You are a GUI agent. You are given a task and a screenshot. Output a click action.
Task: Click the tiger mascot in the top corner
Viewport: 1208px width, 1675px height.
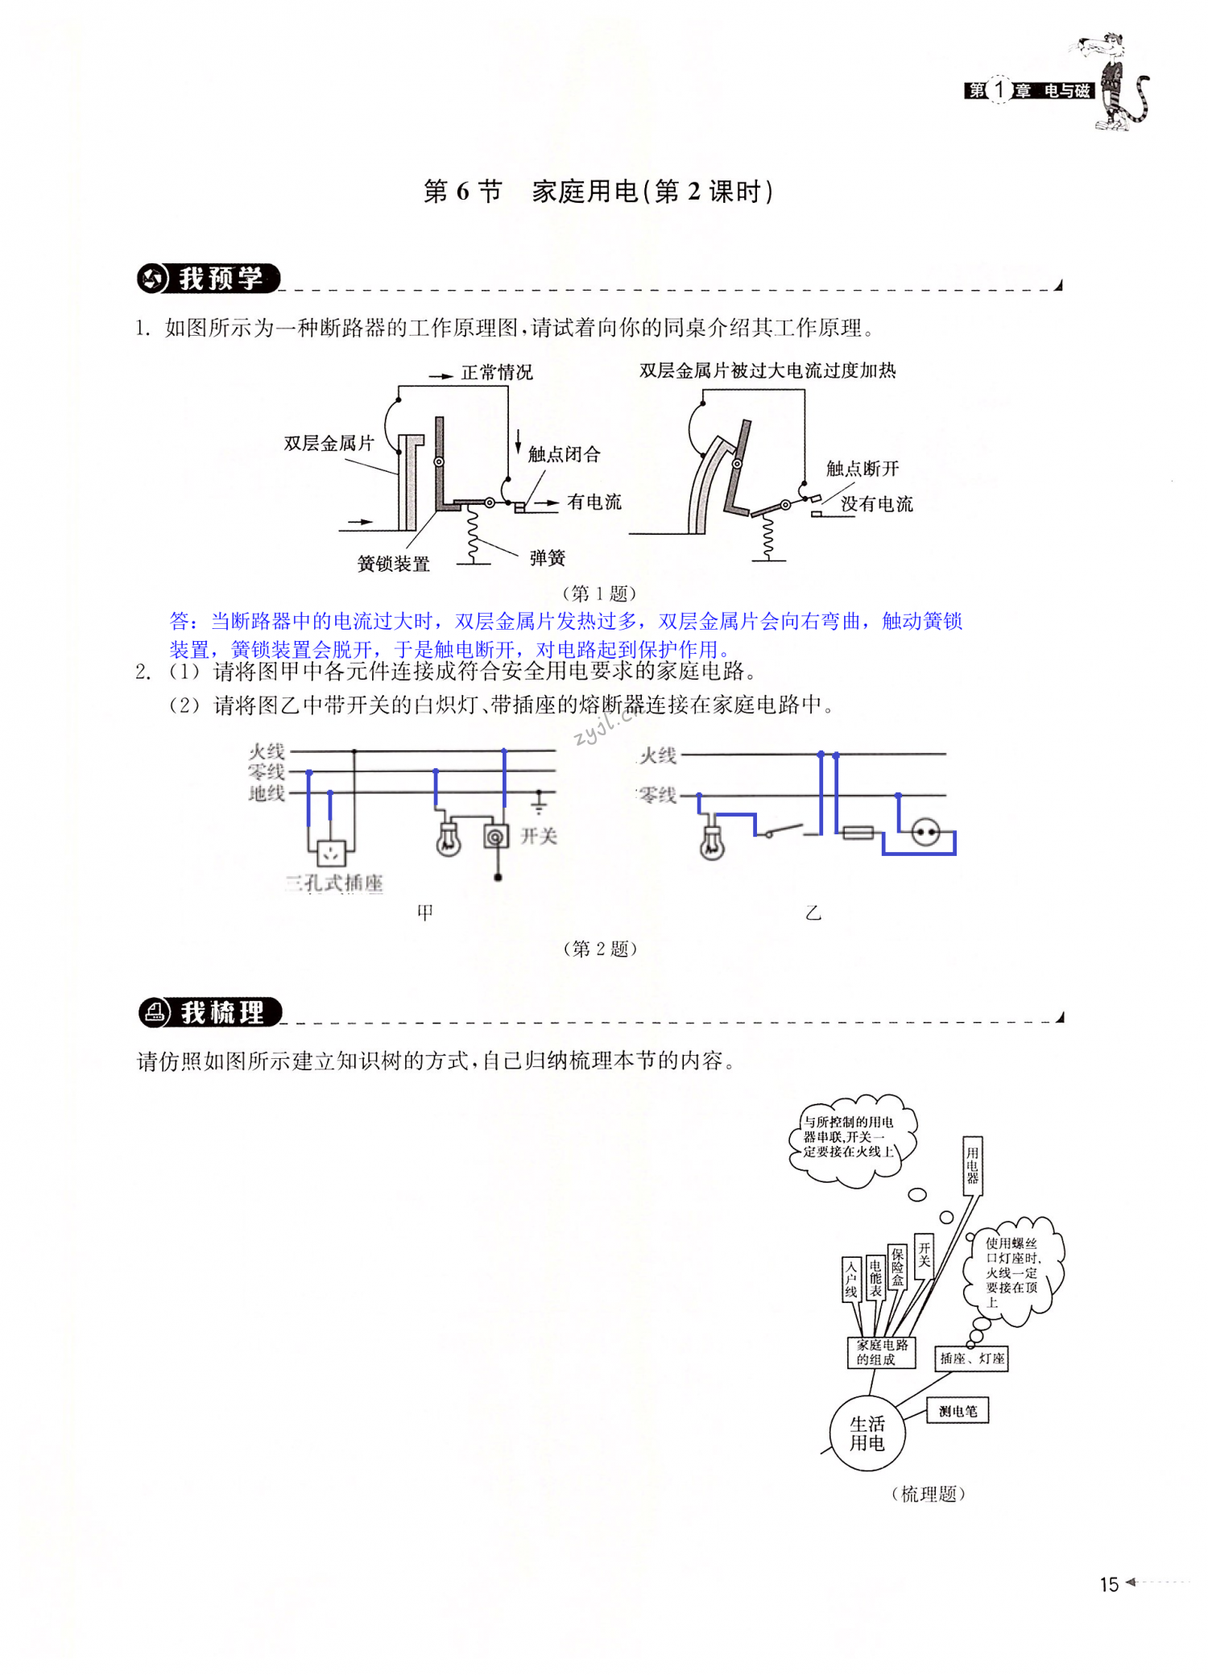point(1115,81)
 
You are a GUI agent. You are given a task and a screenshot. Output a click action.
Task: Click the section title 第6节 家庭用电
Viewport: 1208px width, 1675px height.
point(598,192)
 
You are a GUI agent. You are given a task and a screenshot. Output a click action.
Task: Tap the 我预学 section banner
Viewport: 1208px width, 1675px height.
point(208,279)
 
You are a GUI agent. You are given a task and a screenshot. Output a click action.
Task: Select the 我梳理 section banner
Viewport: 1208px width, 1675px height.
point(210,1012)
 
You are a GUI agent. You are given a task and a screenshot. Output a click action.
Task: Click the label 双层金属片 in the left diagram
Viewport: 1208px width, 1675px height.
point(329,443)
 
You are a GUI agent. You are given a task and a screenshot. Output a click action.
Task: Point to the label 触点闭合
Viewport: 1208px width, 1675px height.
point(564,454)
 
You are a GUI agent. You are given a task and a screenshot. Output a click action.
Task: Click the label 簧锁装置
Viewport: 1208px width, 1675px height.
point(393,564)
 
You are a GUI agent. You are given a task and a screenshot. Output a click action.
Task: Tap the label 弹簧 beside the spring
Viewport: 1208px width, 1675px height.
point(547,558)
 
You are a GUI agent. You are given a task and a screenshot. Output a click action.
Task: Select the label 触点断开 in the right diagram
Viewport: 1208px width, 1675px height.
point(862,469)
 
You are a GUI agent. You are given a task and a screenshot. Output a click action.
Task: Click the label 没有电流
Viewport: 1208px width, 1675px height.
point(876,504)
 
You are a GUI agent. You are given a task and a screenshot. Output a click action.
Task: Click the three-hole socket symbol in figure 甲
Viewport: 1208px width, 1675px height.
point(330,852)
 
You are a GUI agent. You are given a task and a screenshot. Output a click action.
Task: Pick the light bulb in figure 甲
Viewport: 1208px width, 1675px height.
point(448,840)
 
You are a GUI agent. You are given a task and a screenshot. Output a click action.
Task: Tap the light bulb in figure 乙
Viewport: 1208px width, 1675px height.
point(711,843)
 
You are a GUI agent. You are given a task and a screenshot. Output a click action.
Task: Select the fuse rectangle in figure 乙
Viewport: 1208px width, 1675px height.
point(858,833)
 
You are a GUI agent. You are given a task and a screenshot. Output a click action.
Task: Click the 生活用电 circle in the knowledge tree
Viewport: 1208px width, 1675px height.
point(867,1433)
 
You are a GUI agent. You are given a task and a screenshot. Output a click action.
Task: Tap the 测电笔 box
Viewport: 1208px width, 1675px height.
point(958,1411)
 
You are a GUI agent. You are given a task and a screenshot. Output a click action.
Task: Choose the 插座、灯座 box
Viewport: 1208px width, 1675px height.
point(971,1359)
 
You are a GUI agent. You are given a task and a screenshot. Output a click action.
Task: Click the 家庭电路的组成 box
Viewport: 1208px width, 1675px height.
point(882,1352)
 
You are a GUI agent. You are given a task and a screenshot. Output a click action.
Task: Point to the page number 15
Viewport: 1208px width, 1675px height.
point(1109,1585)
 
